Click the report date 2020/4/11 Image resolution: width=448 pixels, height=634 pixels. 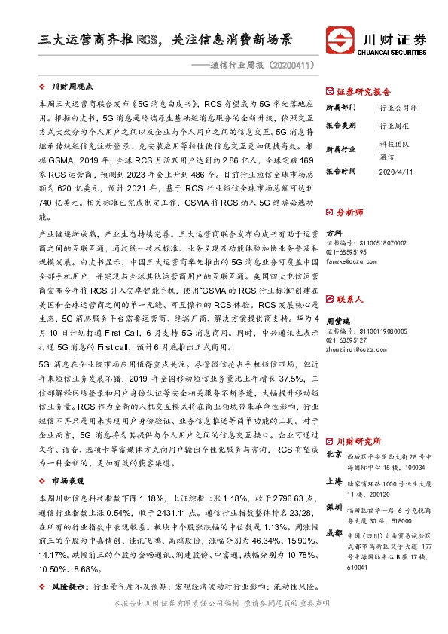tap(395, 172)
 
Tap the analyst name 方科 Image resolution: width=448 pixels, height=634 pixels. tap(334, 233)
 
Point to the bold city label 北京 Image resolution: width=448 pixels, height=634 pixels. tap(334, 455)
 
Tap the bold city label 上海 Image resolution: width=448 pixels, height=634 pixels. tap(334, 481)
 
